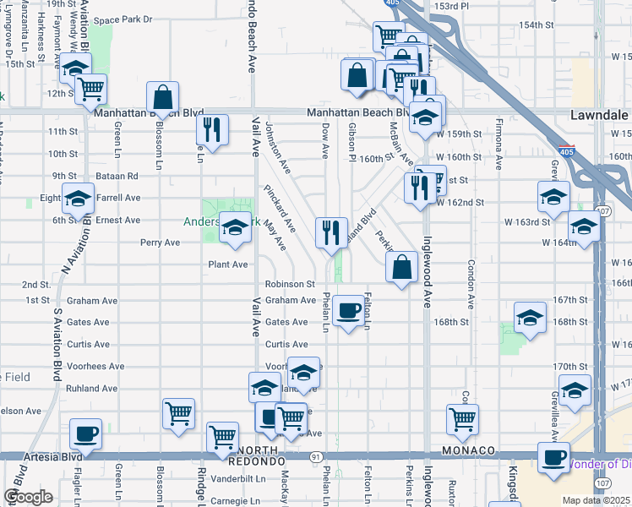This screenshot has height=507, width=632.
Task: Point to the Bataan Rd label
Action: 118,176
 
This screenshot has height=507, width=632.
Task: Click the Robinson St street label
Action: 289,285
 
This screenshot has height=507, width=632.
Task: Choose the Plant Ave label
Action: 227,264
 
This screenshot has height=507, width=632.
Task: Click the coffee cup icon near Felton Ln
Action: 348,311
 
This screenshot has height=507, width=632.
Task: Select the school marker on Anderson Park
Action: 235,228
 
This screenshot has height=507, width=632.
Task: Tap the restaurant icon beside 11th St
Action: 211,129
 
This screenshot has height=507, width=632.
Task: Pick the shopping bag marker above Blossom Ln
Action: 162,97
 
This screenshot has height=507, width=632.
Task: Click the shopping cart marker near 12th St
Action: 90,89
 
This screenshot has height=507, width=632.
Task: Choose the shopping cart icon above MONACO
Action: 462,418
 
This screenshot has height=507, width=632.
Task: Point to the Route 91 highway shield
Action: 314,456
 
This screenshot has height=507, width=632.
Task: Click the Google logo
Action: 28,497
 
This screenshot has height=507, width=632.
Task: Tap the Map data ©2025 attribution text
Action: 597,500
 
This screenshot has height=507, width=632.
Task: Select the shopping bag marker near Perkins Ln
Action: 402,267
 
